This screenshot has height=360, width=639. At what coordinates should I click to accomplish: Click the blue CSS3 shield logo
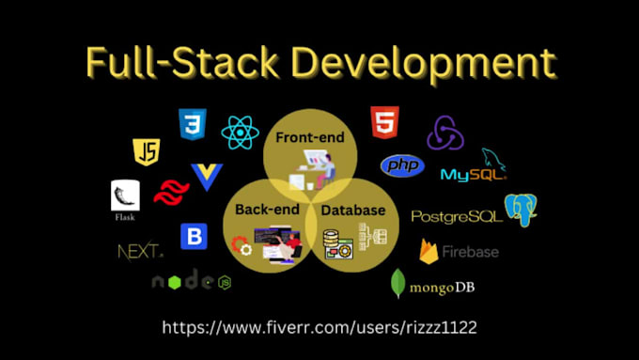[192, 124]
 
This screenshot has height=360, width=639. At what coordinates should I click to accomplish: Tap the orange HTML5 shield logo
[383, 122]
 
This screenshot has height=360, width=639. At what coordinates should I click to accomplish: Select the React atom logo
[240, 133]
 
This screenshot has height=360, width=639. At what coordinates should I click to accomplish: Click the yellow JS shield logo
[146, 152]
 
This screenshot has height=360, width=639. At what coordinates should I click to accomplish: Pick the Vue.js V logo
[206, 177]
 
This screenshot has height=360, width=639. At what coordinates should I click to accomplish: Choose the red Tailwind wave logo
[171, 193]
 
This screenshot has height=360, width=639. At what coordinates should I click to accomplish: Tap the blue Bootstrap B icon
[194, 235]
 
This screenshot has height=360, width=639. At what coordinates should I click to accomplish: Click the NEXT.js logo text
[140, 251]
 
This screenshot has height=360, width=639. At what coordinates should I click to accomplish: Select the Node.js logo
[192, 281]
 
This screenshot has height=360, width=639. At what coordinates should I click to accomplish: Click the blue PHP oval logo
[402, 166]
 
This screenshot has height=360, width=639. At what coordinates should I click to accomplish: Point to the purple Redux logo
[445, 133]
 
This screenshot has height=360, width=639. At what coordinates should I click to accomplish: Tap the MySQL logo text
[472, 174]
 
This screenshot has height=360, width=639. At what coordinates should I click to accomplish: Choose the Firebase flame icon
[429, 252]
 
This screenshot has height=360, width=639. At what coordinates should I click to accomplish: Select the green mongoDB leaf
[398, 284]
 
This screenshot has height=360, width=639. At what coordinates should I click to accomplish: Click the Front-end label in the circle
[309, 137]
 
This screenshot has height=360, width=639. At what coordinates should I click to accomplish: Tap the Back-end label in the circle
[266, 209]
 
